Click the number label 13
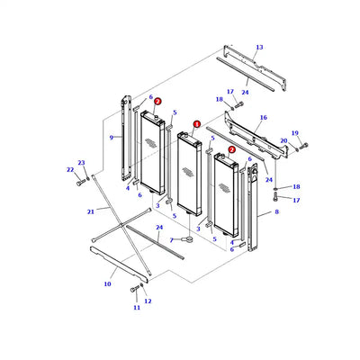tap(259, 47)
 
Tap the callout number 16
tap(264, 118)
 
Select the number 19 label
tap(295, 133)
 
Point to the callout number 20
tap(284, 141)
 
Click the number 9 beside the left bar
tap(111, 138)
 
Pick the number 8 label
tap(276, 211)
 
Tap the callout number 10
tap(107, 283)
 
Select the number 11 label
tap(137, 308)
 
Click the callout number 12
tap(148, 301)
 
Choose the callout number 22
tap(69, 169)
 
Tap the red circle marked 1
tap(196, 125)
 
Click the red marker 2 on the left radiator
tap(157, 103)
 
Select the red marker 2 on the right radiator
tap(231, 149)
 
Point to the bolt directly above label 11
tap(134, 290)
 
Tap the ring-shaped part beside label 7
tap(190, 238)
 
